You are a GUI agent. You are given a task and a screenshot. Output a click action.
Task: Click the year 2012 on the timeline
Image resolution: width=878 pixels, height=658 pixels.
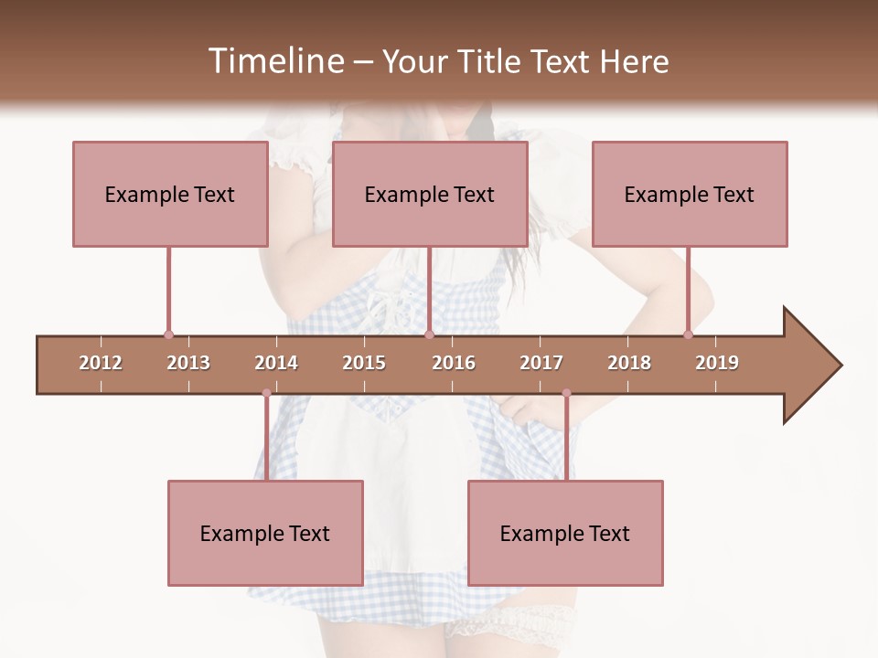coord(101,363)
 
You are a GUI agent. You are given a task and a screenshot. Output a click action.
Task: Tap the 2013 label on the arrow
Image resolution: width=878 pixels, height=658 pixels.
coord(188,363)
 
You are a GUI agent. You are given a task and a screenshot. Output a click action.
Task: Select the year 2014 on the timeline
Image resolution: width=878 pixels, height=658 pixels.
coord(276,363)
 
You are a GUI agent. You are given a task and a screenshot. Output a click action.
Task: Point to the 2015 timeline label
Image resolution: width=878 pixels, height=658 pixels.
coord(364,363)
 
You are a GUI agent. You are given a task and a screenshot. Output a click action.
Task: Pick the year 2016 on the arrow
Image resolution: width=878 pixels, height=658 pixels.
coord(454,363)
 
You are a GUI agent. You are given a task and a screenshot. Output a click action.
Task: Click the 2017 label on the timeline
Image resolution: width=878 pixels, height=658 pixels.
coord(541,363)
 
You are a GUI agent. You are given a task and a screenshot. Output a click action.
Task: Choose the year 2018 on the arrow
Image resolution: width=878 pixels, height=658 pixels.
coord(629,363)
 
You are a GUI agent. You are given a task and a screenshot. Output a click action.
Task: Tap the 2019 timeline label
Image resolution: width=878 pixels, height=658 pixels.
coord(717,363)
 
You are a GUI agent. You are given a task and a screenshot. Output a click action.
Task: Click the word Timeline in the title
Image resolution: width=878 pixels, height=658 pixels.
coord(273,61)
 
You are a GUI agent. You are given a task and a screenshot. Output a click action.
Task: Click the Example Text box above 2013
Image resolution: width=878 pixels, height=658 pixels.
coord(170,194)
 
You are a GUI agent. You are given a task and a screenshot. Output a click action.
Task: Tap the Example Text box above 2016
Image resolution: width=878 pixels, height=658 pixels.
coord(430,194)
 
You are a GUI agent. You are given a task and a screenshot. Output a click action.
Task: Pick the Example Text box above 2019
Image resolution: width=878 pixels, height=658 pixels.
coord(690,194)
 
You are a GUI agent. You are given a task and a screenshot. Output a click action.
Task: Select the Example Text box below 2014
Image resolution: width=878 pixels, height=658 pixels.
coord(265,533)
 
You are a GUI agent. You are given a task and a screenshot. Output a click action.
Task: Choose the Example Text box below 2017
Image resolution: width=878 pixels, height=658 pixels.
coord(565,533)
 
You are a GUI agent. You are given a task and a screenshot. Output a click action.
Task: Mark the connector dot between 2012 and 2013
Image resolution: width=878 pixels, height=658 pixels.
coord(168,335)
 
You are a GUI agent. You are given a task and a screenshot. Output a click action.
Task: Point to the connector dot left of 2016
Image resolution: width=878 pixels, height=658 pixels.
coord(429,335)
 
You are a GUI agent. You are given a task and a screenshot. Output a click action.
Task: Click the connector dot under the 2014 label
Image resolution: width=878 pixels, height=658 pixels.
coord(266,393)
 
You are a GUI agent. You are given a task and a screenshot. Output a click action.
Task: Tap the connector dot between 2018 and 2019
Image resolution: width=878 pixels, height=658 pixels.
coord(688,335)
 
